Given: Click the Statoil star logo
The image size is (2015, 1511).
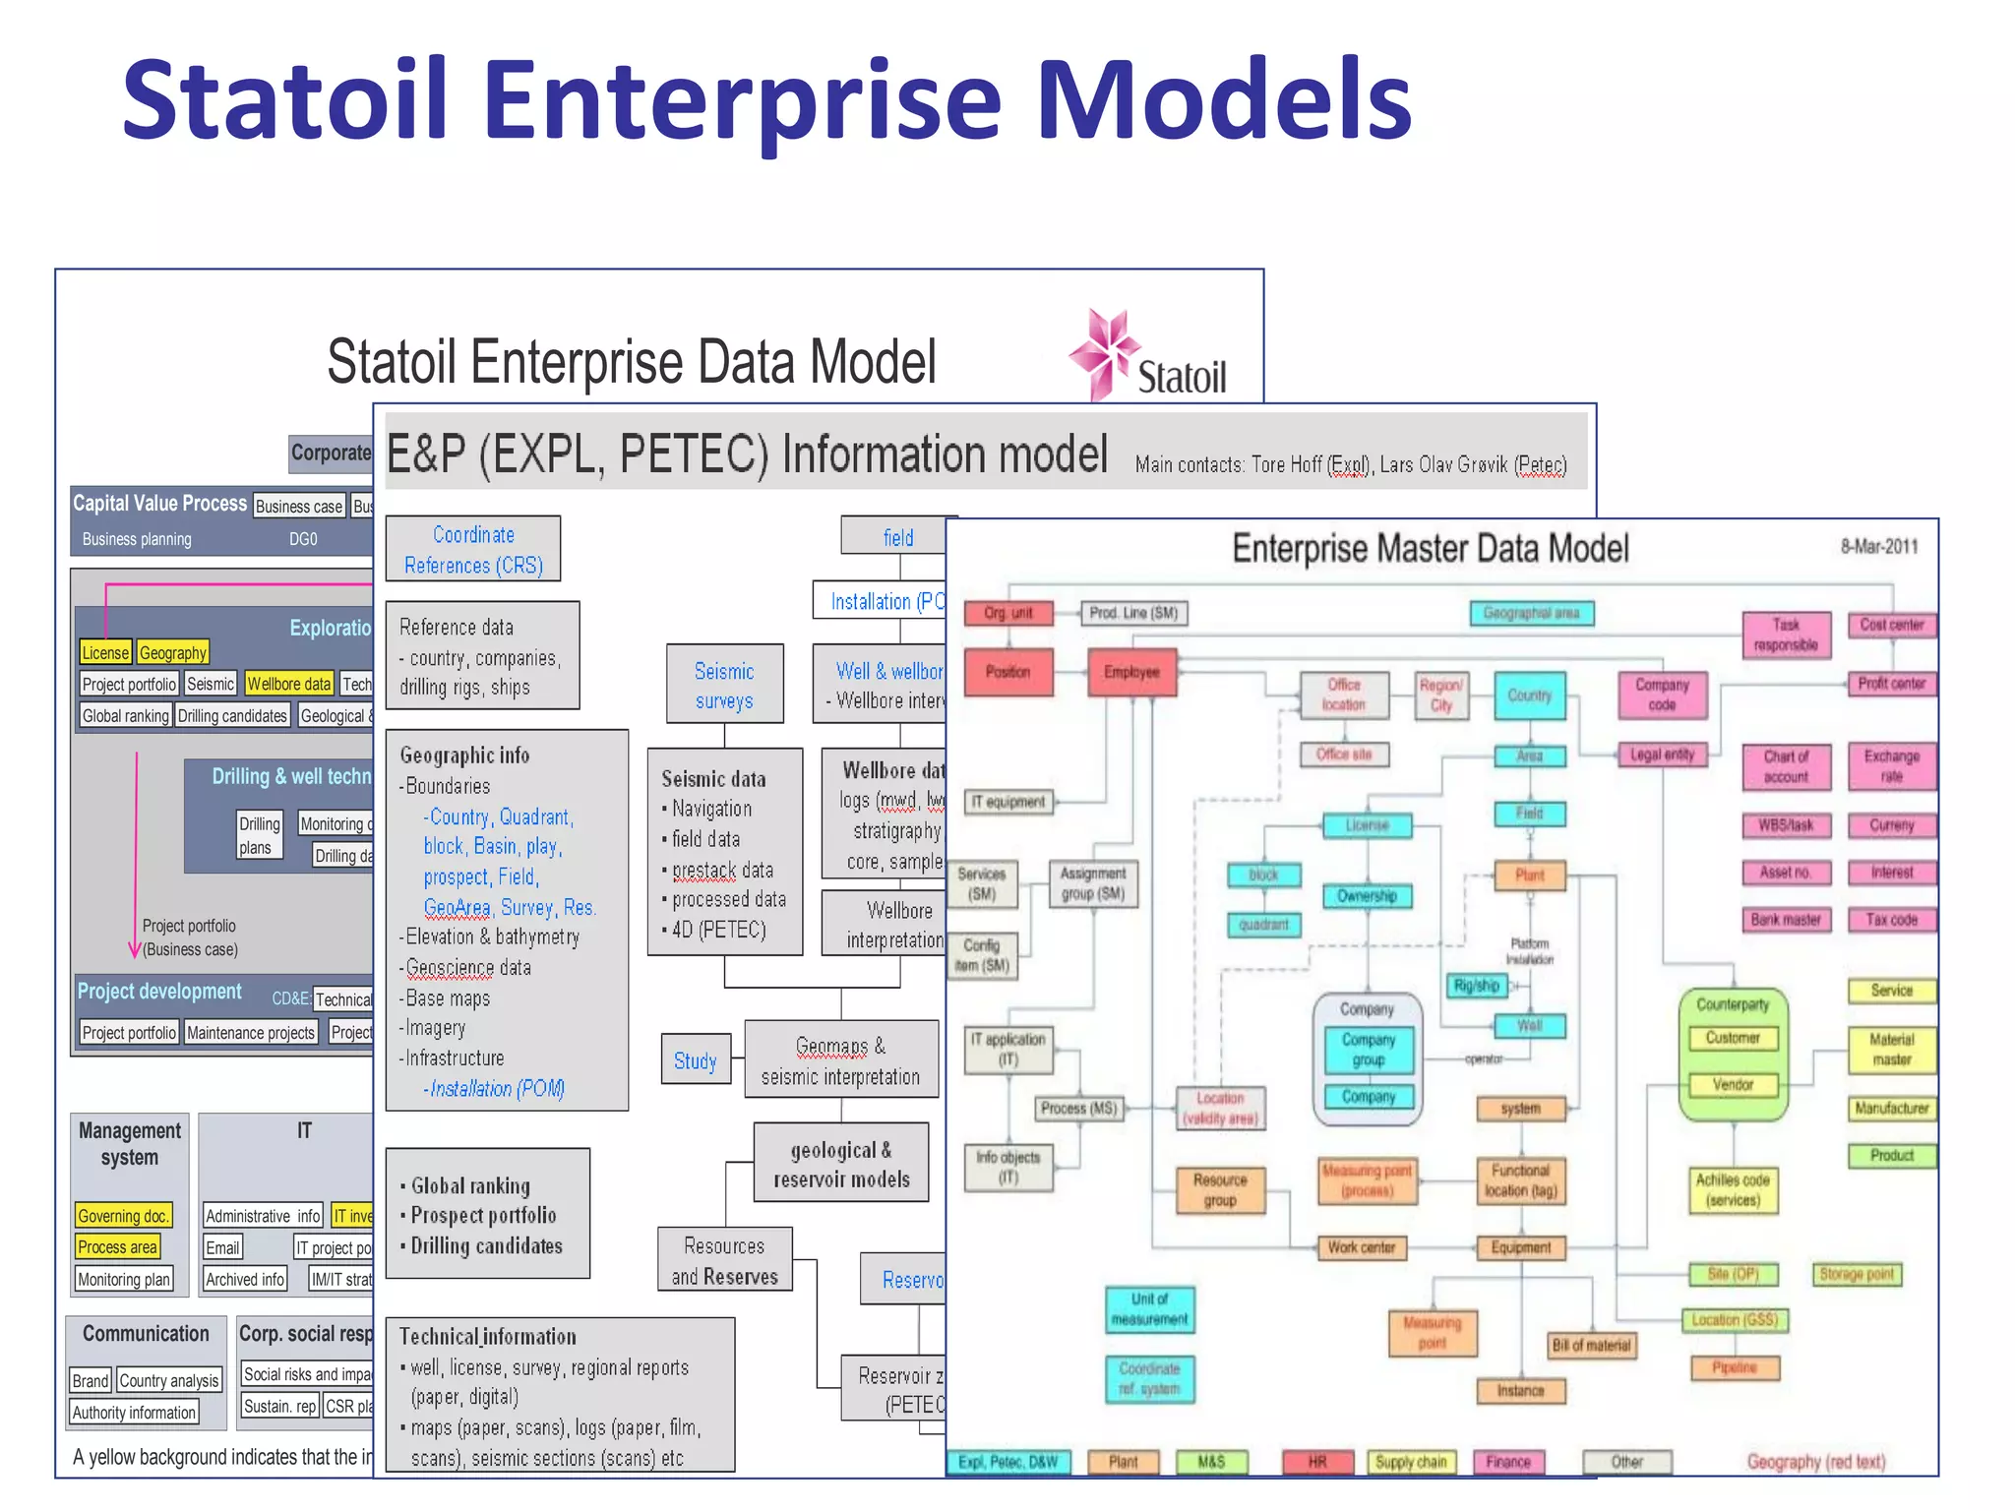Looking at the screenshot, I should point(1105,352).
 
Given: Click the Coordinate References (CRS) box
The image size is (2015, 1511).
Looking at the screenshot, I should point(473,550).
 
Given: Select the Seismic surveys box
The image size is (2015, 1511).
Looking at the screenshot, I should point(724,686).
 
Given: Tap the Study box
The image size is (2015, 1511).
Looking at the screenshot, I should point(696,1060).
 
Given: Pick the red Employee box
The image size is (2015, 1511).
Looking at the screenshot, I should point(1131,672).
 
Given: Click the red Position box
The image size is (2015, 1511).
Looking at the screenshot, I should point(1007,672).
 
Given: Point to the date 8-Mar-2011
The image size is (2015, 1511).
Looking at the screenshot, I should point(1879,547).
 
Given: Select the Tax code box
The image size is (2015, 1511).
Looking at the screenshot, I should point(1891,920).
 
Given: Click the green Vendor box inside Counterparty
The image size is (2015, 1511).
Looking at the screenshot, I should point(1733,1084).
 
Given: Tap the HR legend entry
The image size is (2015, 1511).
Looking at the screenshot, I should point(1317,1462).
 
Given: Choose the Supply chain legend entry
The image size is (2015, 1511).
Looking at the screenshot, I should point(1411,1462).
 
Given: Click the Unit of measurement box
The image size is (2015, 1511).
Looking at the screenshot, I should point(1149,1309).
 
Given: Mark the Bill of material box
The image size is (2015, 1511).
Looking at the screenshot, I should point(1591,1345).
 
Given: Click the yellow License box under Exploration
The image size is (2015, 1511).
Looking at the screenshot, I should point(105,652).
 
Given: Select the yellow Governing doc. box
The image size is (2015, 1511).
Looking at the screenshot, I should point(124,1216).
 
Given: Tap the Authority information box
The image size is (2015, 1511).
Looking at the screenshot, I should point(134,1413).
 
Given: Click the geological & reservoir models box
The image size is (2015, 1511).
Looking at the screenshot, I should point(841,1164).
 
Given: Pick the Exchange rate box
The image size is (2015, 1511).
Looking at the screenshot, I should point(1891,765).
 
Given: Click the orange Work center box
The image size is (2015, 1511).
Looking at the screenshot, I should point(1362,1247).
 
